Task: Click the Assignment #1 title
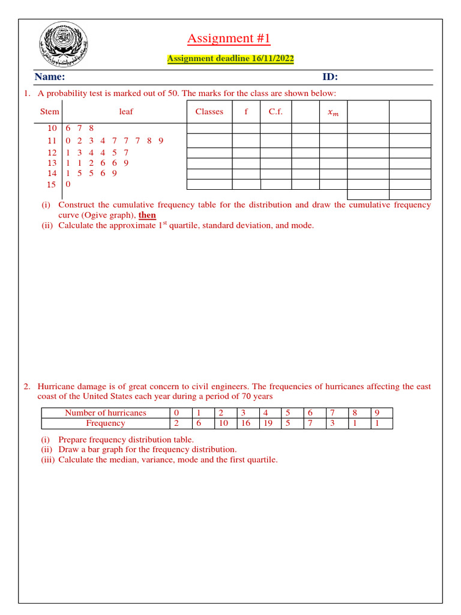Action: pyautogui.click(x=229, y=39)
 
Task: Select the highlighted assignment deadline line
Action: pyautogui.click(x=230, y=58)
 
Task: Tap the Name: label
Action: pyautogui.click(x=50, y=77)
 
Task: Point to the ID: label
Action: pyautogui.click(x=330, y=77)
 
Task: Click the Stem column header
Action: pyautogui.click(x=50, y=112)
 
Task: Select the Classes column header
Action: pyautogui.click(x=209, y=112)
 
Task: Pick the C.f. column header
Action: pyautogui.click(x=276, y=112)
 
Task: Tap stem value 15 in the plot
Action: pyautogui.click(x=52, y=184)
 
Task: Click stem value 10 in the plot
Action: pyautogui.click(x=52, y=128)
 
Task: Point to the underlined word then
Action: pyautogui.click(x=147, y=215)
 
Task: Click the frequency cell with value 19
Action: pyautogui.click(x=268, y=423)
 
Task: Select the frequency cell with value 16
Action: pyautogui.click(x=246, y=423)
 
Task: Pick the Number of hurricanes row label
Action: pyautogui.click(x=105, y=413)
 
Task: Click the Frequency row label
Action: pyautogui.click(x=105, y=423)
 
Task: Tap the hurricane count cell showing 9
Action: pyautogui.click(x=377, y=413)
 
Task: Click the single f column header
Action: pyautogui.click(x=246, y=112)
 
